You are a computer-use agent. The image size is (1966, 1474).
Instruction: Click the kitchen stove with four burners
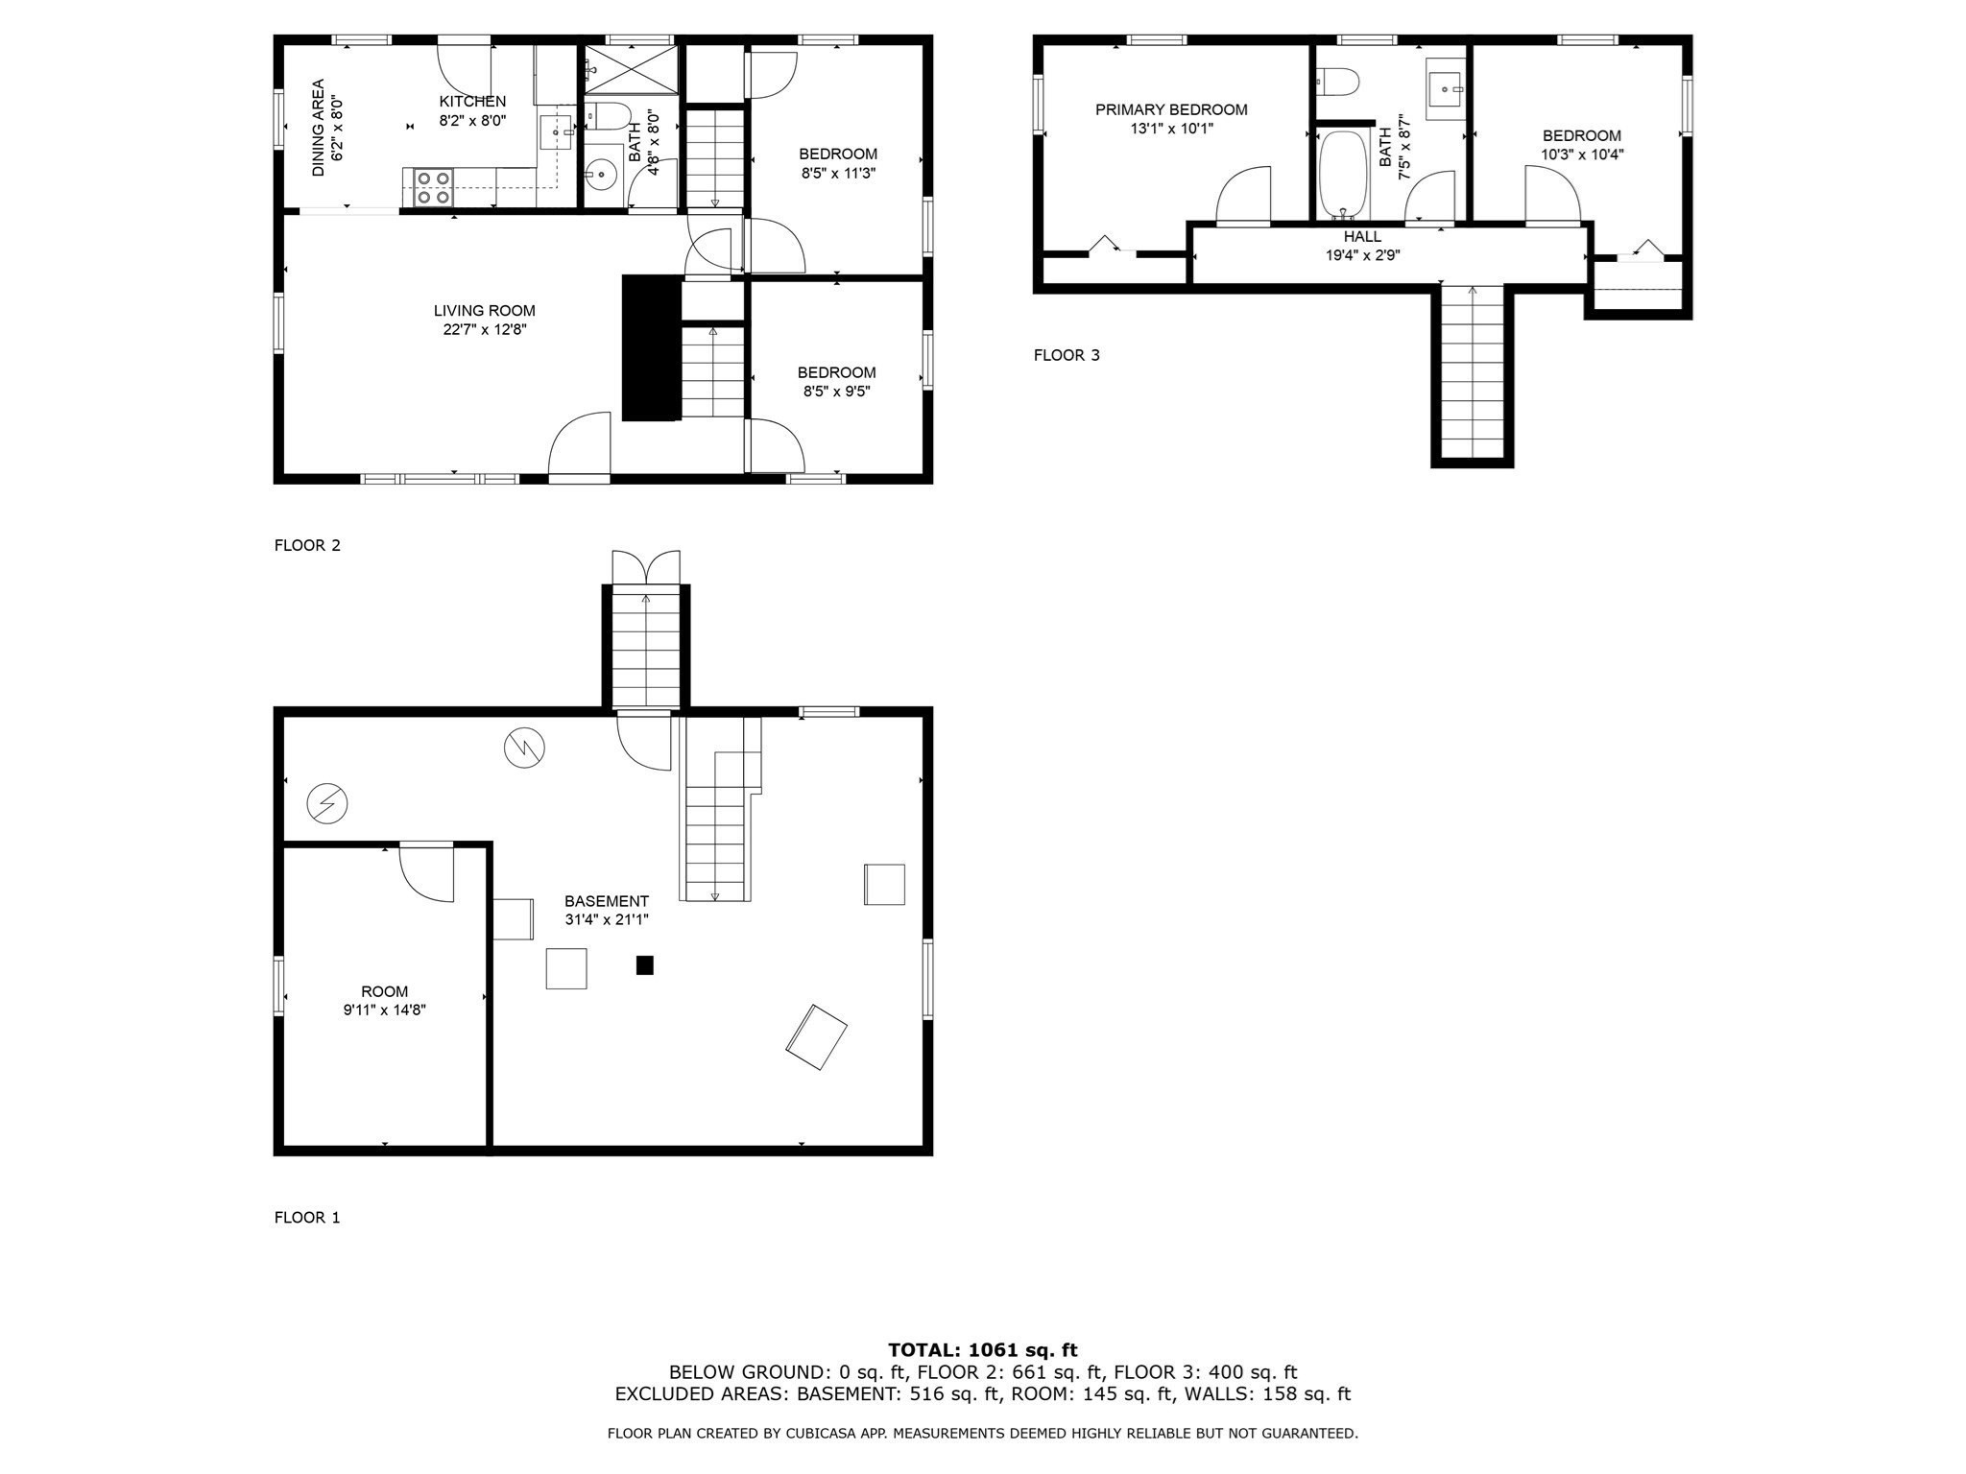pyautogui.click(x=433, y=187)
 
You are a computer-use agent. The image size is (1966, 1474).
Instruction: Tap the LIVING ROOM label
pyautogui.click(x=484, y=311)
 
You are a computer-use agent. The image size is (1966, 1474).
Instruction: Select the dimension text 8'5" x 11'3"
pyautogui.click(x=838, y=174)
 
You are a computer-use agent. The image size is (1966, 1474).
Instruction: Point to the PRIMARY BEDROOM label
pyautogui.click(x=1171, y=110)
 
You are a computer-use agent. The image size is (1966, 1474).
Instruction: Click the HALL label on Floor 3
pyautogui.click(x=1362, y=237)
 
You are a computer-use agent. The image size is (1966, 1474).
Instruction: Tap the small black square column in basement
pyautogui.click(x=645, y=965)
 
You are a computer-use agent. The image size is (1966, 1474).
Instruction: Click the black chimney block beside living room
pyautogui.click(x=652, y=347)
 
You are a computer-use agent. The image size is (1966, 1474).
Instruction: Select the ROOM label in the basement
pyautogui.click(x=384, y=991)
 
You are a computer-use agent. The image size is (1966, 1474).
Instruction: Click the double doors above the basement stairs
pyautogui.click(x=646, y=566)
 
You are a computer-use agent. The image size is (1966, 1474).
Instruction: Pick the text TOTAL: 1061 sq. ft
pyautogui.click(x=982, y=1350)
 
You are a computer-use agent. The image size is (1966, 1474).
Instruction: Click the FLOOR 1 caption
pyautogui.click(x=307, y=1218)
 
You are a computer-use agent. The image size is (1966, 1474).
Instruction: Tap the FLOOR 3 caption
pyautogui.click(x=1067, y=355)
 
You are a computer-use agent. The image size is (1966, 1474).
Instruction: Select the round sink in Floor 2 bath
pyautogui.click(x=602, y=175)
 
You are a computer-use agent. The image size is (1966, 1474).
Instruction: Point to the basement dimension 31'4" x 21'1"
pyautogui.click(x=607, y=919)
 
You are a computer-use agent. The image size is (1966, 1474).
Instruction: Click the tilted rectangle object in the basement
pyautogui.click(x=816, y=1037)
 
